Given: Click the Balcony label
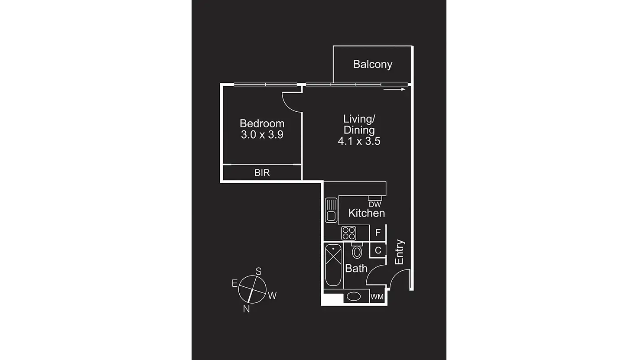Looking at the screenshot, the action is point(372,64).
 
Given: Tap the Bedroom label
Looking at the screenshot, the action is point(262,123).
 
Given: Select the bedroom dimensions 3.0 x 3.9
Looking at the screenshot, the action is point(262,135).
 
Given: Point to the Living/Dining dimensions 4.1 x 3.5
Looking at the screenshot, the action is point(359,141).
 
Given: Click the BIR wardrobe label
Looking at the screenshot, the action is point(262,173).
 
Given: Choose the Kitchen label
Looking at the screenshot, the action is point(366,213).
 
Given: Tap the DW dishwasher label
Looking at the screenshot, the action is point(375,204).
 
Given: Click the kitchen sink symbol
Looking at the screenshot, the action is point(331,210).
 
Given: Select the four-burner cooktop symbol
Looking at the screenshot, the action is point(348,233).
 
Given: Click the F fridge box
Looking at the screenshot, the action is point(378,233).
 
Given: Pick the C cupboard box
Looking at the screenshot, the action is point(378,250).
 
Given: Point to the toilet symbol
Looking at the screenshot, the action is point(357,251).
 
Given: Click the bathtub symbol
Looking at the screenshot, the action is point(333,265).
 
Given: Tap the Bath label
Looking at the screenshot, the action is point(356,269).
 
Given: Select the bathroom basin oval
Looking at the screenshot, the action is point(354,297).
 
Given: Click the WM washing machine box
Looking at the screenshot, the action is point(377,297).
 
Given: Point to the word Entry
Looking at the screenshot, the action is point(399,252).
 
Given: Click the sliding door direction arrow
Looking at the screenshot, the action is point(394,89).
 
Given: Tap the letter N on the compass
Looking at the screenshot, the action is point(246,309).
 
